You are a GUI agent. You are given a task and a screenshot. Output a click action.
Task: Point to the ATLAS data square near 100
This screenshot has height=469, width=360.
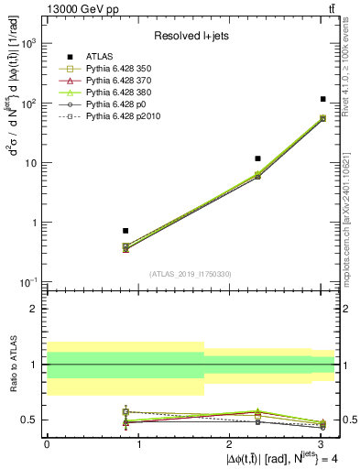point(323,99)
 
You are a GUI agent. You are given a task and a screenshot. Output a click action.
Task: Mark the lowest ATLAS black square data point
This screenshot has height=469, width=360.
point(125,231)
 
